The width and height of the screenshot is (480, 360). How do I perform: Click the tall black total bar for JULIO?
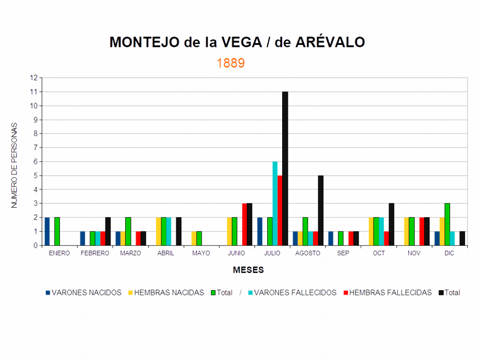pos(285,169)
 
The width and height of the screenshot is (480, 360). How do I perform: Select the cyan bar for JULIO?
pos(275,203)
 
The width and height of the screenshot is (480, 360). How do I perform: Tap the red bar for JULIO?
pos(280,210)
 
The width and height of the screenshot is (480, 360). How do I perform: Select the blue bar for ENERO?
pos(47,231)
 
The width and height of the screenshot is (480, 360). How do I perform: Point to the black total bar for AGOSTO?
pos(321,210)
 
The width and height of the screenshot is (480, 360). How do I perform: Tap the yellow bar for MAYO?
pos(194,238)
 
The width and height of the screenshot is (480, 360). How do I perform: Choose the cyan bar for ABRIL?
pos(169,231)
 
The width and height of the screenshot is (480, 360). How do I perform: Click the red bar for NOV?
pos(421,231)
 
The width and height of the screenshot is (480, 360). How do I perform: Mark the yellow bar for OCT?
pos(371,231)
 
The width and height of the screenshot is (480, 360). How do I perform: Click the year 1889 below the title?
pos(231,63)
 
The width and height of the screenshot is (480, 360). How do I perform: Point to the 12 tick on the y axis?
pos(33,78)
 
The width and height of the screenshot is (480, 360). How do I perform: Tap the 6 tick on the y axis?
pos(35,162)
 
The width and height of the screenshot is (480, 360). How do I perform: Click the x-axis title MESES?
pos(248,270)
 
